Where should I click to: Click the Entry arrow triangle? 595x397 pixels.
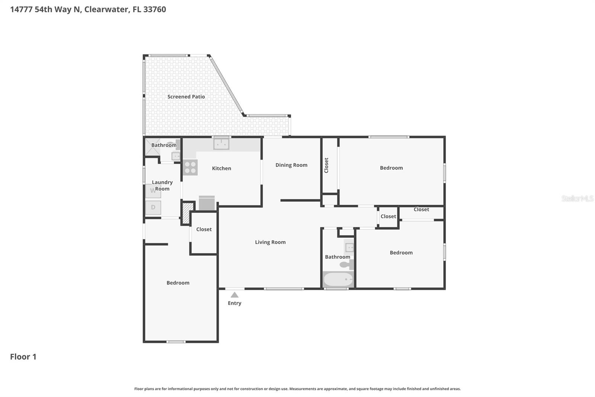coord(234,295)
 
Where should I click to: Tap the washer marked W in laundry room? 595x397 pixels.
coord(153,191)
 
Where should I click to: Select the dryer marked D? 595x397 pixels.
coord(153,207)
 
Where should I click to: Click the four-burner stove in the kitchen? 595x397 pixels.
coord(190,167)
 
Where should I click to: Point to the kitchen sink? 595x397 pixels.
coord(221,143)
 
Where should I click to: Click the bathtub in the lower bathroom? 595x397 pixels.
coord(338,279)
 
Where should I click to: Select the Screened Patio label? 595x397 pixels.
coord(186,96)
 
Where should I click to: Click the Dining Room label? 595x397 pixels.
coord(291,165)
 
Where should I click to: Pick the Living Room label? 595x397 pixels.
coord(270,242)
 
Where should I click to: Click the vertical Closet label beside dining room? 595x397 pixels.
coord(326,165)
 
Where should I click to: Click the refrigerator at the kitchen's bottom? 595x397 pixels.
coord(207,203)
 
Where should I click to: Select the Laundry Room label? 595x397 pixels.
coord(162,185)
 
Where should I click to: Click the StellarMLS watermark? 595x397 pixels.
coord(577,198)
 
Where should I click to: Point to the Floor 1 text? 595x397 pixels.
coord(23,357)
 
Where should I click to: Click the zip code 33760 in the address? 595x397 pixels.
coord(154,9)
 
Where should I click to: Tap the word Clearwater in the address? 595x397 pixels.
coord(106,9)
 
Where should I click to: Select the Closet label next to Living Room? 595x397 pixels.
coord(204,229)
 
